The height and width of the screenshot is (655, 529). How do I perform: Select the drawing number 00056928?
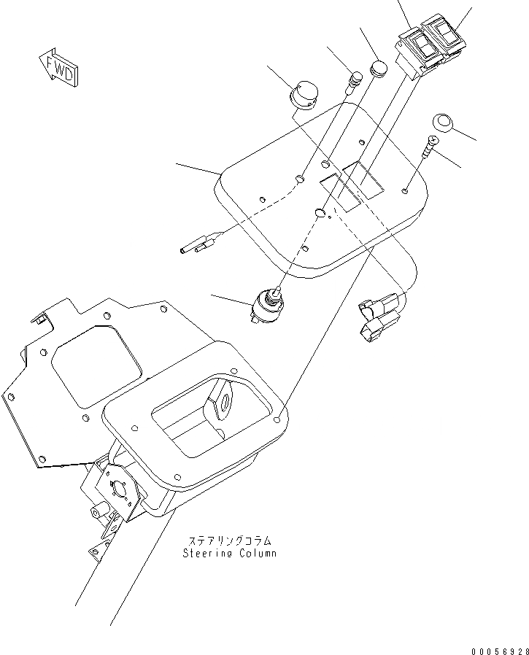[x=498, y=647]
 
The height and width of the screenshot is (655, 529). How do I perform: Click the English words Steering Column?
[x=230, y=553]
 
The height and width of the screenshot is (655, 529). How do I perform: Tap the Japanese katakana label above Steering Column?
[x=230, y=541]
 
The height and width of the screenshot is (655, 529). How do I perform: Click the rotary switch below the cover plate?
[x=269, y=302]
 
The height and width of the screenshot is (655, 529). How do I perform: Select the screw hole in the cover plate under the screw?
[x=406, y=191]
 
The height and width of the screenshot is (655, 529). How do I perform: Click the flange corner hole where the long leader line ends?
[x=281, y=419]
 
